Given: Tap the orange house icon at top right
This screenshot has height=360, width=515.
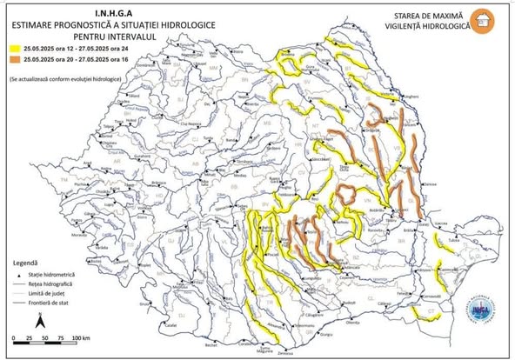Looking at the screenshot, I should point(491,20).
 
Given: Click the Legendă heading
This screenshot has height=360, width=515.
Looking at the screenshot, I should point(26,261).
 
